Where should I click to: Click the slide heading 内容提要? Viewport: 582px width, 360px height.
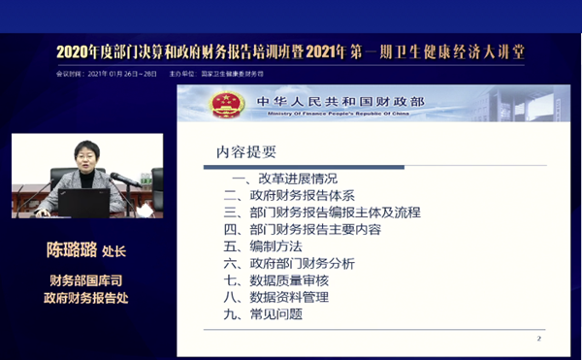[x=246, y=151]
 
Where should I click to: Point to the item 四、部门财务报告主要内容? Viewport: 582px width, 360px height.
[x=302, y=229]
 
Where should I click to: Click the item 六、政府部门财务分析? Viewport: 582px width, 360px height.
[x=289, y=263]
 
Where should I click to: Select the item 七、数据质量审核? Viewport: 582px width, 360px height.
[x=275, y=280]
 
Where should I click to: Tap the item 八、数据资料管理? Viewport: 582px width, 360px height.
[x=275, y=297]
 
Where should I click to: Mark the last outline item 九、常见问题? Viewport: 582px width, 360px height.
[x=262, y=314]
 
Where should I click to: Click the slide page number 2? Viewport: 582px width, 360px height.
[x=538, y=339]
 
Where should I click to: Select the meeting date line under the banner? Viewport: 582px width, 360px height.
[x=107, y=73]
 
